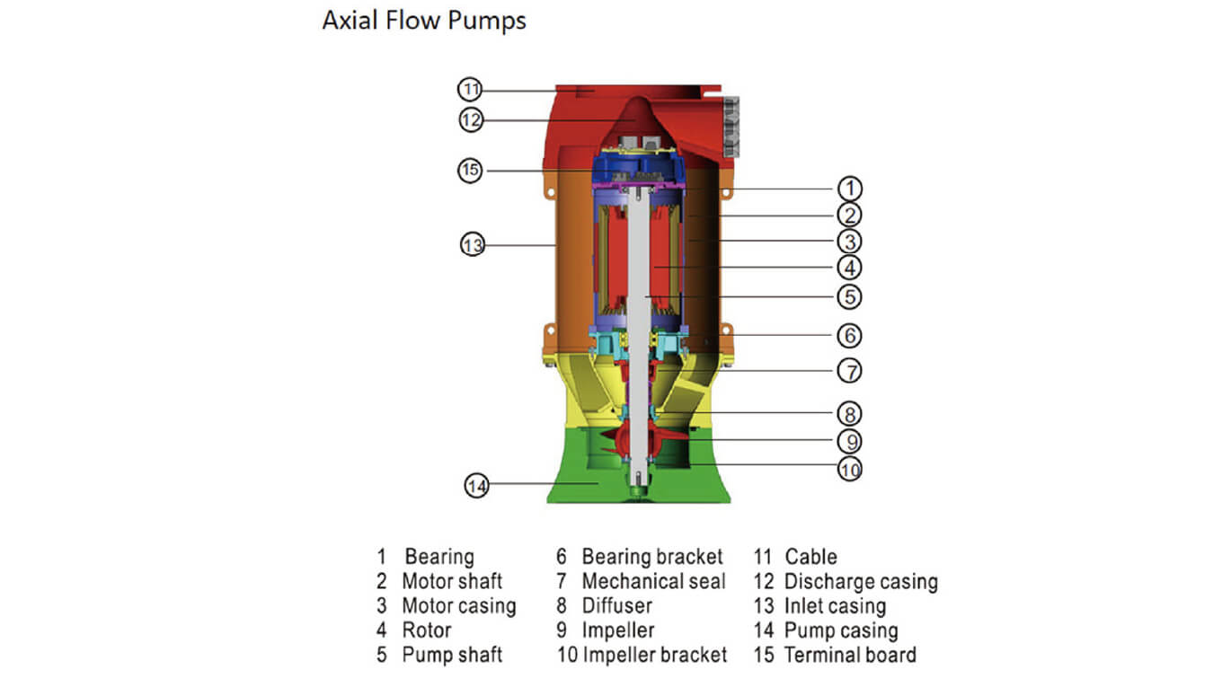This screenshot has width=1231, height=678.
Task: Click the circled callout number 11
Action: click(x=471, y=90)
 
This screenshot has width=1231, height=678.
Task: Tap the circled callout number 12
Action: click(x=471, y=119)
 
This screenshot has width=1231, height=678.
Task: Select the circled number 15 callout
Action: click(x=471, y=170)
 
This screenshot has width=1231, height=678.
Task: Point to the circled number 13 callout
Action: click(x=473, y=244)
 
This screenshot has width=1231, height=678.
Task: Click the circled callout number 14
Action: click(x=477, y=486)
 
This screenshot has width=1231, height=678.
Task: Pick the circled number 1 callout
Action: click(x=849, y=189)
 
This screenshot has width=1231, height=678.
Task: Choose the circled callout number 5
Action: click(x=849, y=295)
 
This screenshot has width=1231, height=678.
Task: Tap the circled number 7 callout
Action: click(x=849, y=370)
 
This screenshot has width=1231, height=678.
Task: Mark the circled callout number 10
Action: click(x=849, y=468)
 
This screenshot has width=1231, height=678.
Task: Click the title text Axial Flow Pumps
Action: click(x=424, y=21)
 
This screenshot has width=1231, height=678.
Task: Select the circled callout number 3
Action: click(x=849, y=242)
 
